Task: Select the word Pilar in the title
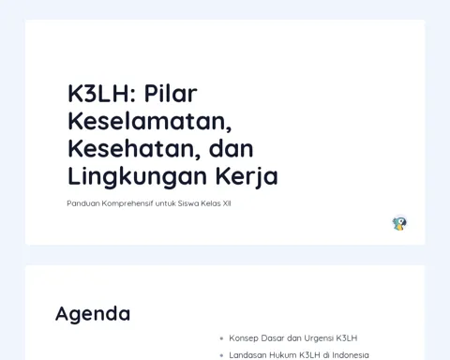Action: coord(171,93)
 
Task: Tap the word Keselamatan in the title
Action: coord(150,122)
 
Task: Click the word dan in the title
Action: coord(231,149)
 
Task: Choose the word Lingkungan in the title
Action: coord(137,177)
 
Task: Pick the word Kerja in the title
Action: coord(247,177)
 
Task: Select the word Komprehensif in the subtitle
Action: coord(127,203)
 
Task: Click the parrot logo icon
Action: coord(399,223)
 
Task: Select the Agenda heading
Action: coord(93,314)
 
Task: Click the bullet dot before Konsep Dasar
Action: coord(221,338)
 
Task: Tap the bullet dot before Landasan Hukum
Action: coord(221,355)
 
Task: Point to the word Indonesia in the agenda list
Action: coord(351,355)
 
